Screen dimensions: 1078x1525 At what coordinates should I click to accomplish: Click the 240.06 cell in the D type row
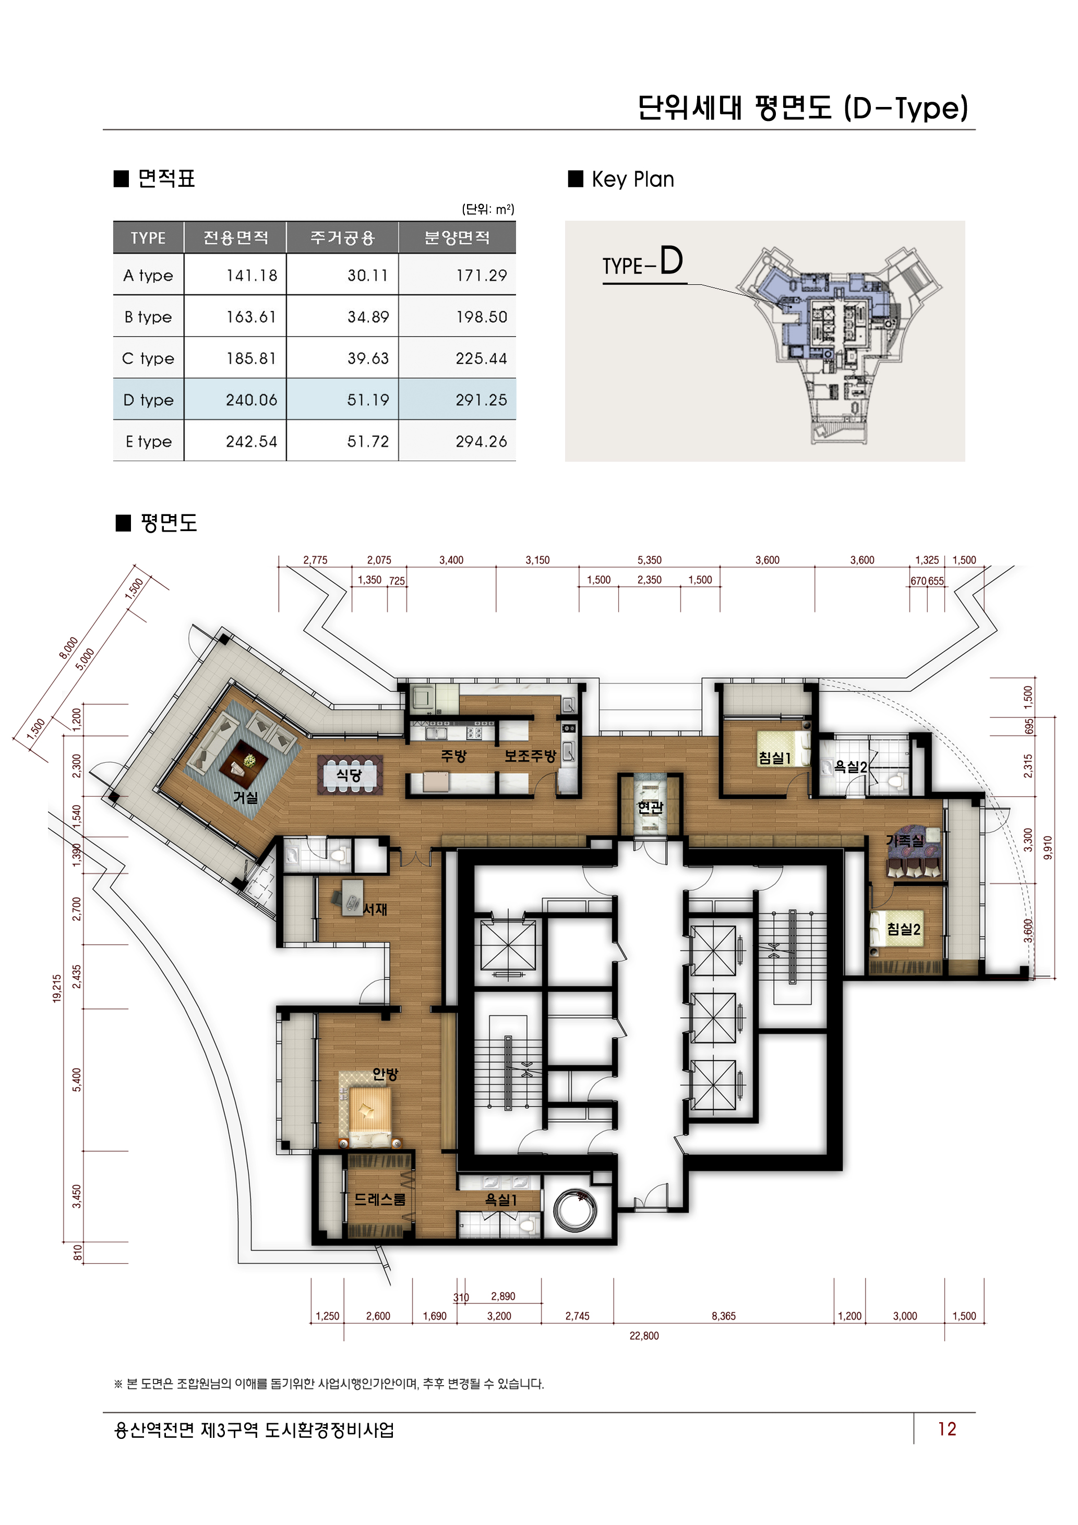pos(251,400)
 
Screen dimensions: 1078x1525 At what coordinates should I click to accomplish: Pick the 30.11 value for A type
pos(367,275)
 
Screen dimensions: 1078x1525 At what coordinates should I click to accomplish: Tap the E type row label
pos(149,442)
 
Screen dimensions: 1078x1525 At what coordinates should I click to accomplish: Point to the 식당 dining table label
pos(349,774)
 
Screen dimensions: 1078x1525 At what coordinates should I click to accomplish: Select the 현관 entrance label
pos(650,807)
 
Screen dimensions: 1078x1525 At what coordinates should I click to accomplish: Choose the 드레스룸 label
pos(379,1199)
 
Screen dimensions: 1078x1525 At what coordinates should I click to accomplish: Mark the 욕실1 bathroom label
pos(501,1199)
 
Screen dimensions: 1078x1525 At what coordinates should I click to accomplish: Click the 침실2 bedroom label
pos(903,929)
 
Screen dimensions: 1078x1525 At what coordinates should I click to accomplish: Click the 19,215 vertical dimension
pos(57,988)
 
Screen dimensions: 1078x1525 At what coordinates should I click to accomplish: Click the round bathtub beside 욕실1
pos(574,1210)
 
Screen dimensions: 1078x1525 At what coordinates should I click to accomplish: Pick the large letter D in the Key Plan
pos(671,260)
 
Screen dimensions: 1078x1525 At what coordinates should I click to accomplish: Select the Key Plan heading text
pos(632,179)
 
